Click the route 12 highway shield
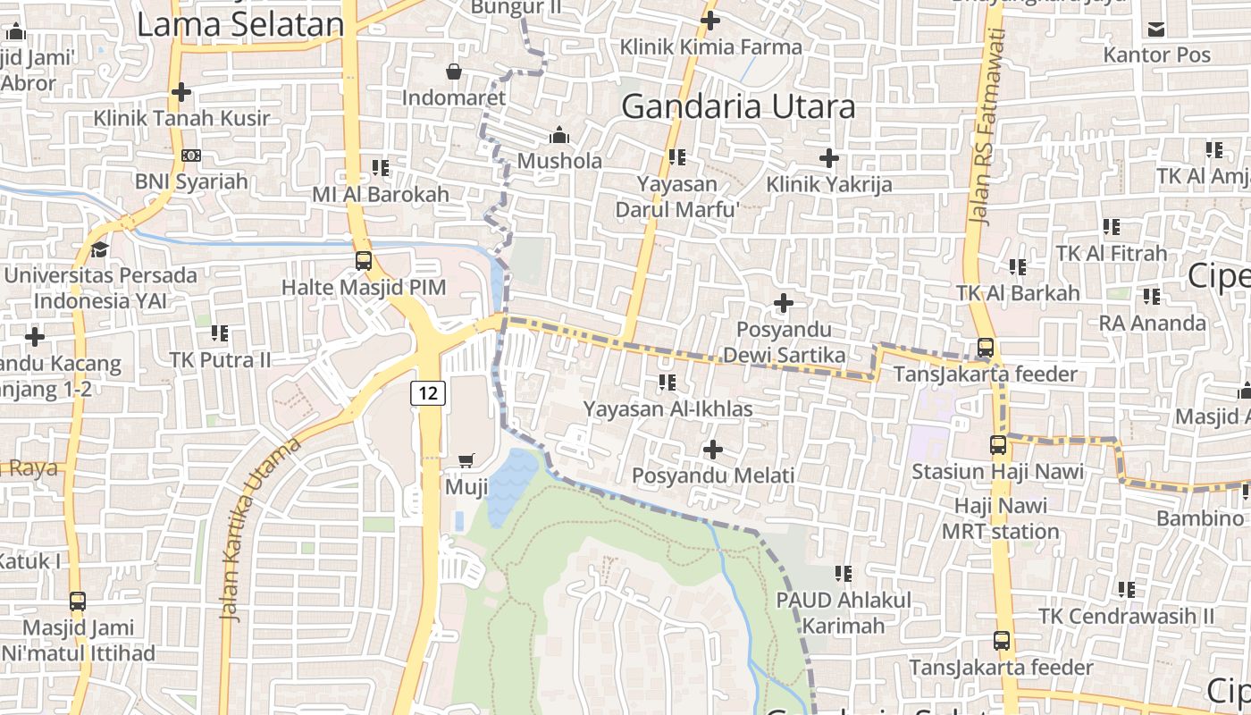coord(428,391)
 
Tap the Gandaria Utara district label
coord(738,106)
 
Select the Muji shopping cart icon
coord(466,461)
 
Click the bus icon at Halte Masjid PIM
coord(364,261)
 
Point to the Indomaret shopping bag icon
coord(454,71)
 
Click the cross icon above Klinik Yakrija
coord(828,158)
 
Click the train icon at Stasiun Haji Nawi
coord(998,444)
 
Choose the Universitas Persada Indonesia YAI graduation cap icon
coord(99,249)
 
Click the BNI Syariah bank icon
coord(190,156)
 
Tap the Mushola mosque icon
coord(559,135)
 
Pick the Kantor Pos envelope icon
coord(1156,29)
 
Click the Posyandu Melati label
coord(713,475)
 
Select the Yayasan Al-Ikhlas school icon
coord(667,383)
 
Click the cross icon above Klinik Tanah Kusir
coord(181,92)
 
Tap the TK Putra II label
coord(220,359)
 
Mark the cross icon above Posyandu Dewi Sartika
coord(784,303)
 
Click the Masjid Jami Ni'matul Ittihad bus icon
coord(78,601)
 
